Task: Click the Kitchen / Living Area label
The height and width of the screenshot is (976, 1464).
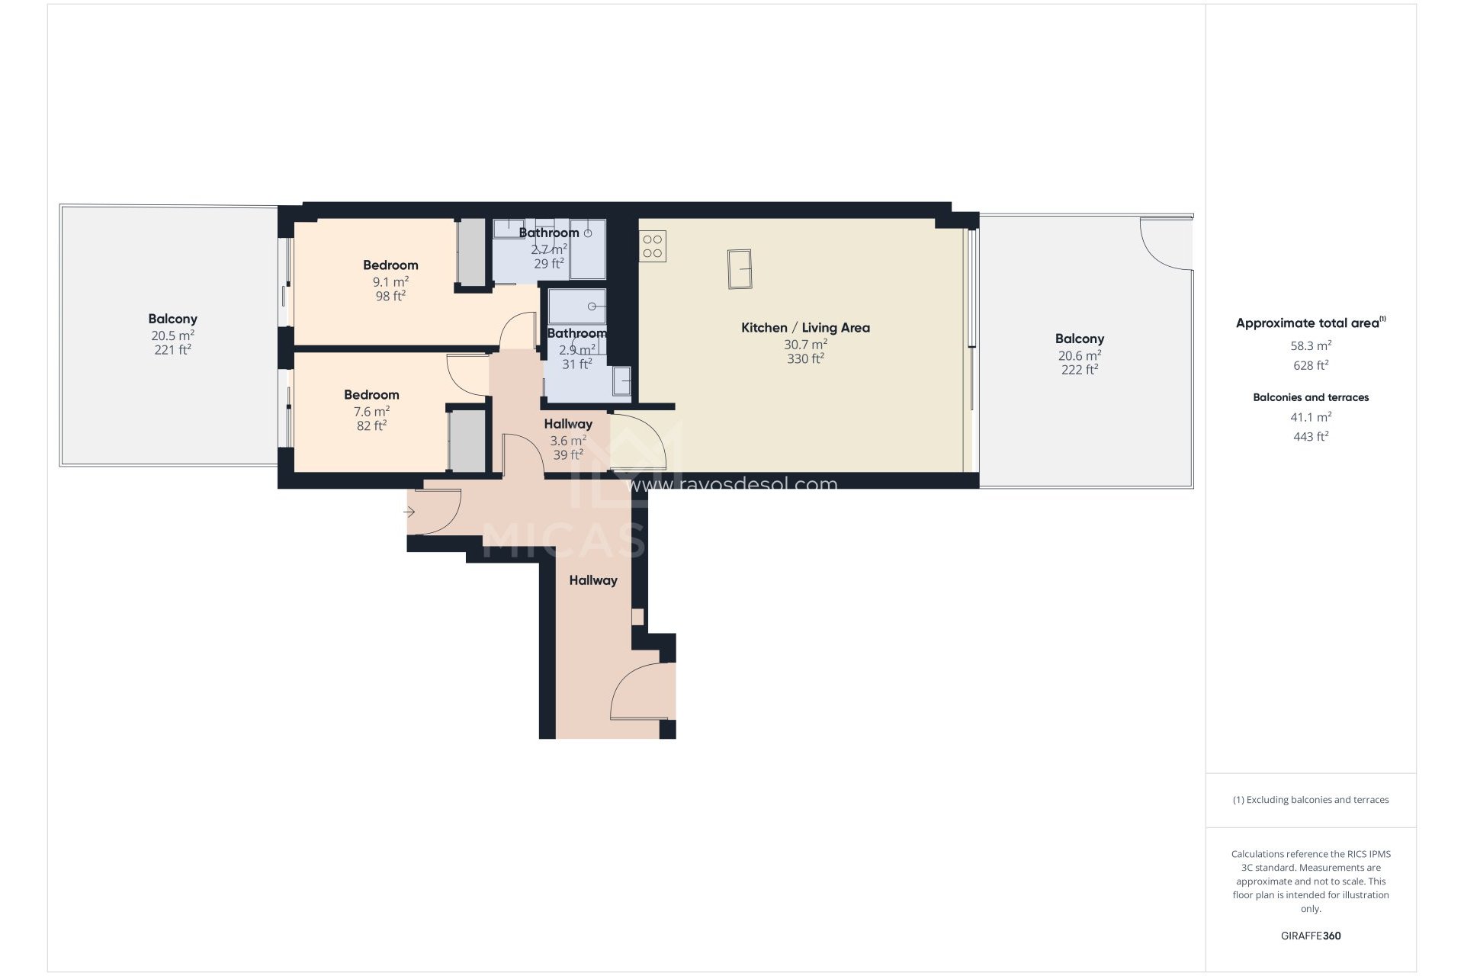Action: (x=805, y=328)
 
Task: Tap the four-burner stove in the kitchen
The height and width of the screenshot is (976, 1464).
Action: (x=653, y=246)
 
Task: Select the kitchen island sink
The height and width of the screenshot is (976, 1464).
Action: (x=740, y=269)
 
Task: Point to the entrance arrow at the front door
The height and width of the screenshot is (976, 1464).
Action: (x=409, y=512)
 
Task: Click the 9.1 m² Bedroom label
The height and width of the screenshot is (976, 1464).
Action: (x=390, y=265)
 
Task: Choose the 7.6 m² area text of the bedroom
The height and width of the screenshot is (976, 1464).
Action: (x=371, y=412)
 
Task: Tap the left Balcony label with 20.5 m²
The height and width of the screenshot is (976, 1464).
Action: (x=172, y=319)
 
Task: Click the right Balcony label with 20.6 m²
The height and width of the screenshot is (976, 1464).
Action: (x=1079, y=339)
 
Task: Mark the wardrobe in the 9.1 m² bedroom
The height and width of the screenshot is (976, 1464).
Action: (x=471, y=252)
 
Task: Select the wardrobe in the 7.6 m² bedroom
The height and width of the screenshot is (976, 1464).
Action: (x=467, y=441)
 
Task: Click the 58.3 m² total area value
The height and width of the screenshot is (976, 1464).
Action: (x=1311, y=345)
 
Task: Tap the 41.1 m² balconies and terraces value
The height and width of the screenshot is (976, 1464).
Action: (x=1311, y=417)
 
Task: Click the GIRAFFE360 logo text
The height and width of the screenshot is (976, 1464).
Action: (x=1311, y=936)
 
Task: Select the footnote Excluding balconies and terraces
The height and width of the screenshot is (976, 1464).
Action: (x=1311, y=800)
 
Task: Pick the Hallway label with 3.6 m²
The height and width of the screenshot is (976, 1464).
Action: (x=568, y=424)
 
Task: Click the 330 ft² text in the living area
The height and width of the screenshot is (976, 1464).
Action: (x=805, y=359)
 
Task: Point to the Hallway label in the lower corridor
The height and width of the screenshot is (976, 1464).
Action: (x=593, y=580)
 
